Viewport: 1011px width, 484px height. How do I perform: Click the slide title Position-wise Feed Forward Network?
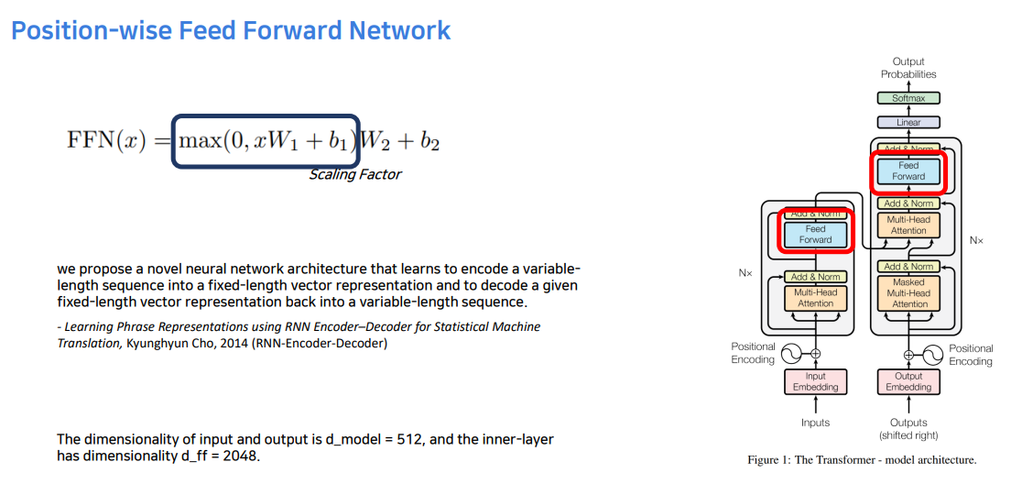tap(231, 30)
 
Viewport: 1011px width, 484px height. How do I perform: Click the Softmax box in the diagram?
tap(908, 98)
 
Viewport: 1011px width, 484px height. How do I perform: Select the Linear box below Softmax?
tap(908, 122)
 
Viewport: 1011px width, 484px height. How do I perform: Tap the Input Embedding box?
tap(815, 381)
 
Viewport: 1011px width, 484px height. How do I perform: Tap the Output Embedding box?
tap(908, 381)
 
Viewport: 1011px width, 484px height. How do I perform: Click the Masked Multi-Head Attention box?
tap(908, 293)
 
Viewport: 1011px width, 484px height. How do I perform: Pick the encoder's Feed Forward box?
tap(815, 235)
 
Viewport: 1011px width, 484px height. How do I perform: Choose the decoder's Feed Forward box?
tap(908, 171)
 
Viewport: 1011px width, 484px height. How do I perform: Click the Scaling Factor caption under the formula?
tap(354, 174)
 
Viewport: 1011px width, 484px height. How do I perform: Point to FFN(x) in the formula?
tap(106, 141)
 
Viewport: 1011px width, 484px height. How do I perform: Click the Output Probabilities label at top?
tap(908, 68)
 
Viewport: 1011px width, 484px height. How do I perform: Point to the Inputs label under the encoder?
tap(815, 423)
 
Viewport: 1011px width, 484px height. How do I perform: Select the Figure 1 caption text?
tap(862, 460)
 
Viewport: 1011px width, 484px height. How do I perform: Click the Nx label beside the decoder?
tap(976, 240)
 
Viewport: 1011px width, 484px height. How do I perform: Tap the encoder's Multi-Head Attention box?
tap(815, 298)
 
